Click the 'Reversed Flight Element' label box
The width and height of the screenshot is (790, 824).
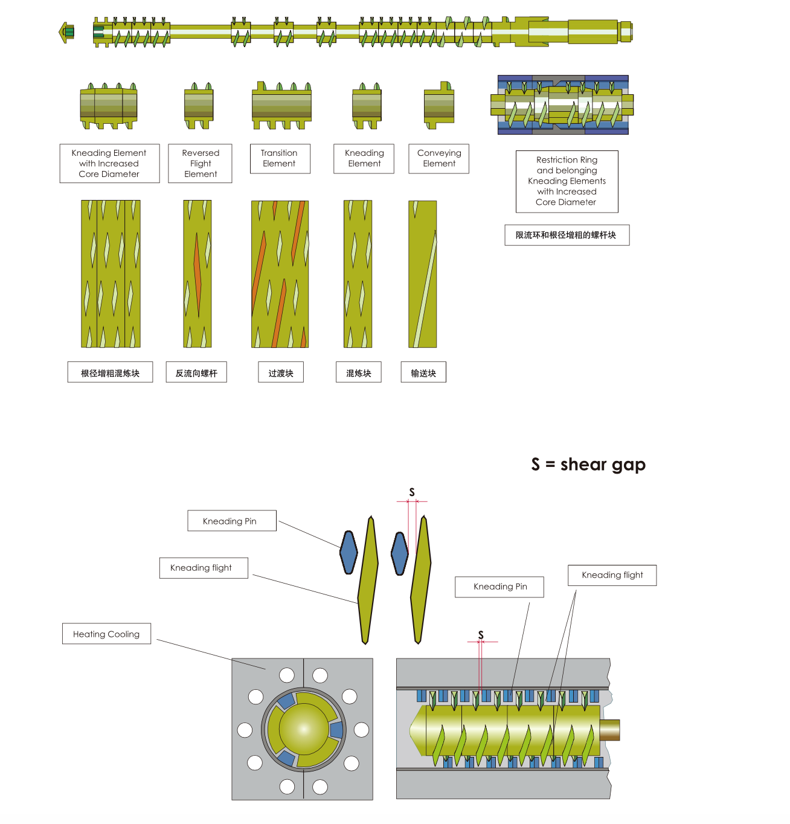[200, 163]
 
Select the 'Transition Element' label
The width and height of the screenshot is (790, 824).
[280, 158]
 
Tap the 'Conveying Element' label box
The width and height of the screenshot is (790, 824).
[438, 158]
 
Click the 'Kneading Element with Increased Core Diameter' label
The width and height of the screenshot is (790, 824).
[109, 163]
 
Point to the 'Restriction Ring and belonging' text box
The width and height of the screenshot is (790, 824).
[567, 181]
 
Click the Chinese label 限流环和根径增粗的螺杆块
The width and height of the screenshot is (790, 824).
[567, 235]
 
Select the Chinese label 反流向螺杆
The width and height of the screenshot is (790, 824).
[196, 373]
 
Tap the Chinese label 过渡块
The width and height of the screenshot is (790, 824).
[281, 373]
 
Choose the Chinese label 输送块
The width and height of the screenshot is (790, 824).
[423, 373]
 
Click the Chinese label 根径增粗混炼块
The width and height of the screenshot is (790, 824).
[110, 373]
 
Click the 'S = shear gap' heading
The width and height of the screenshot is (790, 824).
[588, 465]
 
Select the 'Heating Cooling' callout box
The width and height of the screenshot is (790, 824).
[106, 634]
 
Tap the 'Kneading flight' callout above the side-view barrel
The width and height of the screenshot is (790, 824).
[612, 575]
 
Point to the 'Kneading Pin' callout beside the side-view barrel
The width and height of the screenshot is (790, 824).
[499, 587]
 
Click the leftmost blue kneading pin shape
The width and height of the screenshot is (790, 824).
[348, 552]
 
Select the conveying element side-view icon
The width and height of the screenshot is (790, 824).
[439, 105]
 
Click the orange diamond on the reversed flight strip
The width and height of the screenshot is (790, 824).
[197, 275]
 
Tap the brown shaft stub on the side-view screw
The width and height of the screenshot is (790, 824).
[609, 730]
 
